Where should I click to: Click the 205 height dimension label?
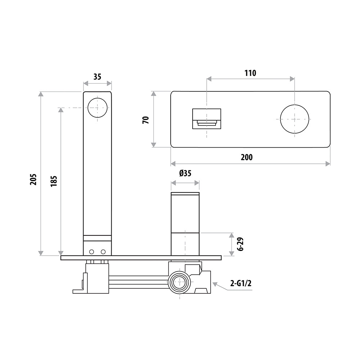coord(33,179)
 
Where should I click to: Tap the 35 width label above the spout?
coord(97,77)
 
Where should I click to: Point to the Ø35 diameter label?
coord(185,174)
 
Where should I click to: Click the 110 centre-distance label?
coord(250,73)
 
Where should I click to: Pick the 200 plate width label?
coord(247,157)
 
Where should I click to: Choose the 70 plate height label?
coord(146,120)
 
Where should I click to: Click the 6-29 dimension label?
coord(241,244)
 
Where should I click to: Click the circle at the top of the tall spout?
coord(98,108)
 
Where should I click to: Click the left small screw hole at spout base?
coord(92,251)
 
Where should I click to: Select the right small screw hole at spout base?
coord(104,251)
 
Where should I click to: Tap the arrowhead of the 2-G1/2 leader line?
coord(215,284)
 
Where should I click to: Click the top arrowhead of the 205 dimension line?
coord(41,94)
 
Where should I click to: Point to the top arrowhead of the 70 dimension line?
coord(154,94)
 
